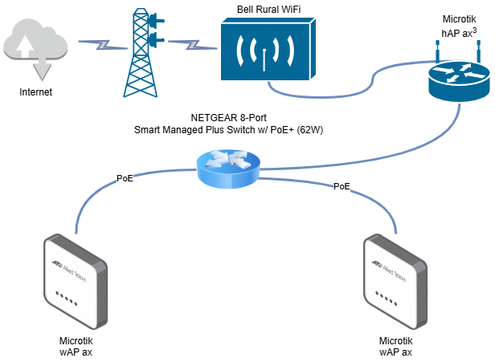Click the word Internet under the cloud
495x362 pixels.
point(35,92)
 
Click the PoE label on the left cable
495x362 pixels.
point(125,178)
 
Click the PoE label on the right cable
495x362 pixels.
point(342,186)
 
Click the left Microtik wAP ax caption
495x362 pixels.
point(77,345)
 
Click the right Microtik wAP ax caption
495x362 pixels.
point(395,345)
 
